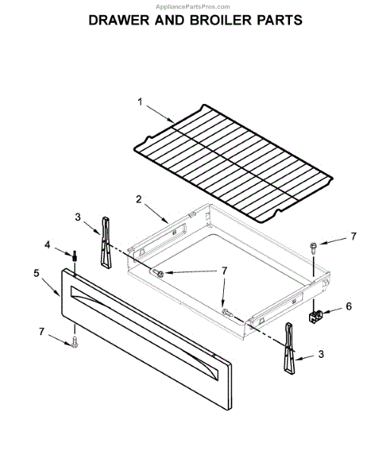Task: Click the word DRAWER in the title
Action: tap(118, 20)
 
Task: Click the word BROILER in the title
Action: tap(221, 20)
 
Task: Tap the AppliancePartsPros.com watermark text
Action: tap(193, 7)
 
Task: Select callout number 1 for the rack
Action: tap(140, 102)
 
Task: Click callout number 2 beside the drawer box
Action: tap(139, 199)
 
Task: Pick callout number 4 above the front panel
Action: tap(47, 245)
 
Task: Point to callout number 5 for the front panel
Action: tap(36, 273)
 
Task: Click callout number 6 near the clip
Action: tap(349, 306)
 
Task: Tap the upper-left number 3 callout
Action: tap(77, 217)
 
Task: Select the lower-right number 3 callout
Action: tap(321, 354)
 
